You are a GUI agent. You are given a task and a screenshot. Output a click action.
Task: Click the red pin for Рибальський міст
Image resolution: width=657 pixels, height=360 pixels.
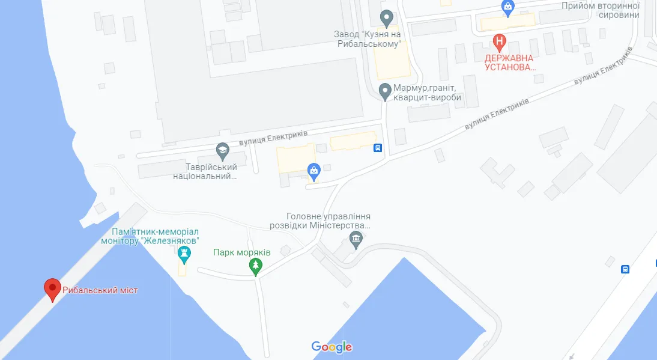click(x=52, y=289)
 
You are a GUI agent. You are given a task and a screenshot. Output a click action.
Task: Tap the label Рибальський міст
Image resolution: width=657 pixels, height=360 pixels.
click(x=100, y=290)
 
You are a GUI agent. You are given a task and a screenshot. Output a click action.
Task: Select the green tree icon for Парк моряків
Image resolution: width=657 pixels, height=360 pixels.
click(x=256, y=266)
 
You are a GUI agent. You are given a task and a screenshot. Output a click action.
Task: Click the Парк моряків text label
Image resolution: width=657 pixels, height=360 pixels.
click(x=242, y=252)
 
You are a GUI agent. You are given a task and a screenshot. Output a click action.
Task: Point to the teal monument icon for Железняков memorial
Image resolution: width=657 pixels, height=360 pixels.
click(x=184, y=257)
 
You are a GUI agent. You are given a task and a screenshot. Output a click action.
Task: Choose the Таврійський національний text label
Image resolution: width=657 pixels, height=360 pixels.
click(x=205, y=171)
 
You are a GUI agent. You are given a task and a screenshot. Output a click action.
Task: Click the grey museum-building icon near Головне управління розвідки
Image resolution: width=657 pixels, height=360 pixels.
click(x=356, y=242)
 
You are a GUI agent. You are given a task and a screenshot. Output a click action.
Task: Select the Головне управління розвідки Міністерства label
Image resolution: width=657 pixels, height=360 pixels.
click(x=328, y=221)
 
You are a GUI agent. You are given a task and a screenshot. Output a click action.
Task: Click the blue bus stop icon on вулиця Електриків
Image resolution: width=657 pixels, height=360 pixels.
click(x=378, y=148)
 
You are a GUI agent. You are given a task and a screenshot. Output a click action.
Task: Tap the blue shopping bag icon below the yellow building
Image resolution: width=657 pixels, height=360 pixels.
click(x=313, y=171)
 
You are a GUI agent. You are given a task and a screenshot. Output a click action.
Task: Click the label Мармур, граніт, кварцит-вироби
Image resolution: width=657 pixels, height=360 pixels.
click(x=428, y=93)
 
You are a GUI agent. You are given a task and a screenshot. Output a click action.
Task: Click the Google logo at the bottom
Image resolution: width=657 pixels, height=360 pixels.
click(x=332, y=347)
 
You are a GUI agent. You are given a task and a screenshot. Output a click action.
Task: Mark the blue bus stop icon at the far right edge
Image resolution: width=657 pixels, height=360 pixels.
click(x=625, y=269)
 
